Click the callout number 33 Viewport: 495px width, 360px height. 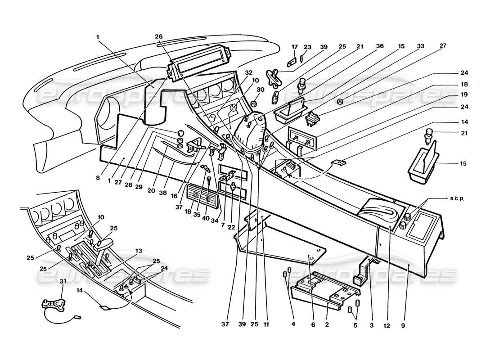coord(421,46)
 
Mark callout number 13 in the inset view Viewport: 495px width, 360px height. coord(139,251)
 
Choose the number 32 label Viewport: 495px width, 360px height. coord(248,72)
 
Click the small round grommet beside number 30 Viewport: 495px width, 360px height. coord(253,103)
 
